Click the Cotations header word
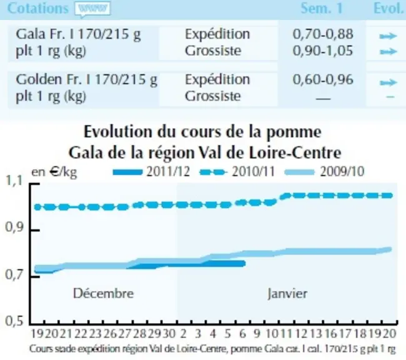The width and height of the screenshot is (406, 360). coord(38,8)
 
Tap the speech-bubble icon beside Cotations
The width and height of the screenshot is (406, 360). coord(92,9)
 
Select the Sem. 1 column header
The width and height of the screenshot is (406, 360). coord(322,8)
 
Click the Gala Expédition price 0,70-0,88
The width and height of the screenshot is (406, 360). coord(323,34)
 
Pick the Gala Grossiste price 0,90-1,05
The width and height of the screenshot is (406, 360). coord(323,51)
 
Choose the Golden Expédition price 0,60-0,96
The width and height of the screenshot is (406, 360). coord(323,79)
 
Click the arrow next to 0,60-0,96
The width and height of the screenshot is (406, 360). coord(388,82)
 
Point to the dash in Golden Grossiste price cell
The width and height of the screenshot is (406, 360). coord(323,99)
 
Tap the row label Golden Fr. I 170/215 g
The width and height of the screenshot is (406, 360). coord(86,80)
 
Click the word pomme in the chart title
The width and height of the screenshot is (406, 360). coord(294,132)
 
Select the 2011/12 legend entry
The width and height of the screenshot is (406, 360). coord(152,172)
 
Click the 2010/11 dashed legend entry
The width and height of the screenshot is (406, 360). coord(237,172)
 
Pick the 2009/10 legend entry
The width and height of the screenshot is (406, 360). coord(324,172)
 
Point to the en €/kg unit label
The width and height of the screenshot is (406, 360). coord(54,172)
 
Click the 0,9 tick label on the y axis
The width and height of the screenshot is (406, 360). coord(15,227)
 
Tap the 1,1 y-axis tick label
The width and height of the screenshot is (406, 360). coord(15,181)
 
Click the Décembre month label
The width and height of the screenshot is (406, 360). coord(103,293)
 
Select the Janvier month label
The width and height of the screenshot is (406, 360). coord(287,294)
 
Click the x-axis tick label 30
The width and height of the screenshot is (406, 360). coord(169,334)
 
